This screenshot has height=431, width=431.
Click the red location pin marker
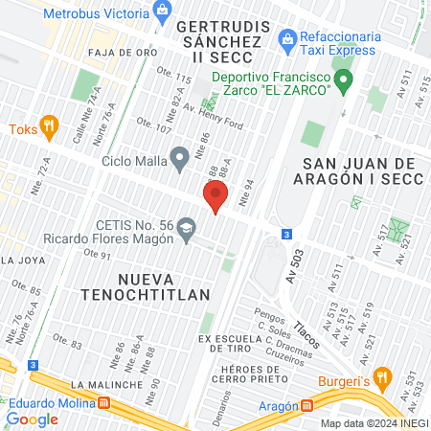[x=215, y=197]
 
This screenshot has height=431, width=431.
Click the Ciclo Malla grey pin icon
[x=178, y=157]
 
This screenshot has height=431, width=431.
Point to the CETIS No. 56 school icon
[x=186, y=228]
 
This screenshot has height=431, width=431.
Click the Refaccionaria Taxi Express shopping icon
[x=285, y=39]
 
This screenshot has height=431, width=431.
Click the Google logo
[x=32, y=419]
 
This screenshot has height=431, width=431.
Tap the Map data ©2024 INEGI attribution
[x=374, y=423]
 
